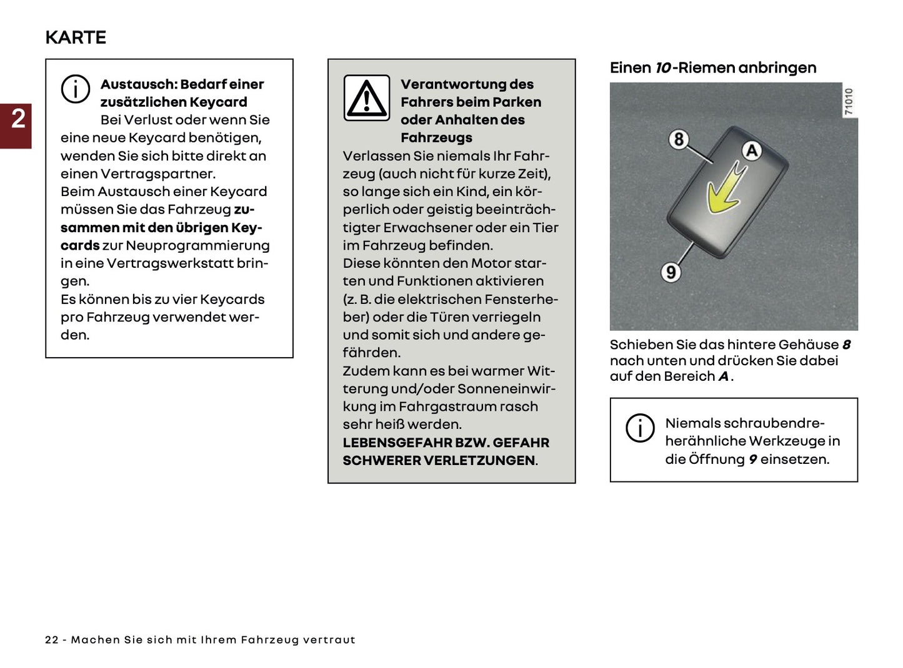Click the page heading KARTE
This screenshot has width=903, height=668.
76,37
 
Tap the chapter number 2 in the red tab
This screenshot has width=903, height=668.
18,119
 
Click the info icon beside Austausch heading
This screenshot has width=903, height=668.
75,89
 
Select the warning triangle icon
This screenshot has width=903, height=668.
367,98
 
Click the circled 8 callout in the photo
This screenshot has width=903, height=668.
679,139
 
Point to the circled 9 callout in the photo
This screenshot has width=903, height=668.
671,272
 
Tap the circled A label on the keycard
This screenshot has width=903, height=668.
752,151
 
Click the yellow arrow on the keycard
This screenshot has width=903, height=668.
725,190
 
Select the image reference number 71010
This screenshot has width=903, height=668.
848,101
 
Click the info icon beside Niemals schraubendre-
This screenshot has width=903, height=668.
640,428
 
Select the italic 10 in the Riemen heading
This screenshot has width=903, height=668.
662,67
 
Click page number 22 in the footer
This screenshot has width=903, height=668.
52,640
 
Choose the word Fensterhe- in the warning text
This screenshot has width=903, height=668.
520,299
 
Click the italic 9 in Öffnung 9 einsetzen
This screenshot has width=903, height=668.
752,459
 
